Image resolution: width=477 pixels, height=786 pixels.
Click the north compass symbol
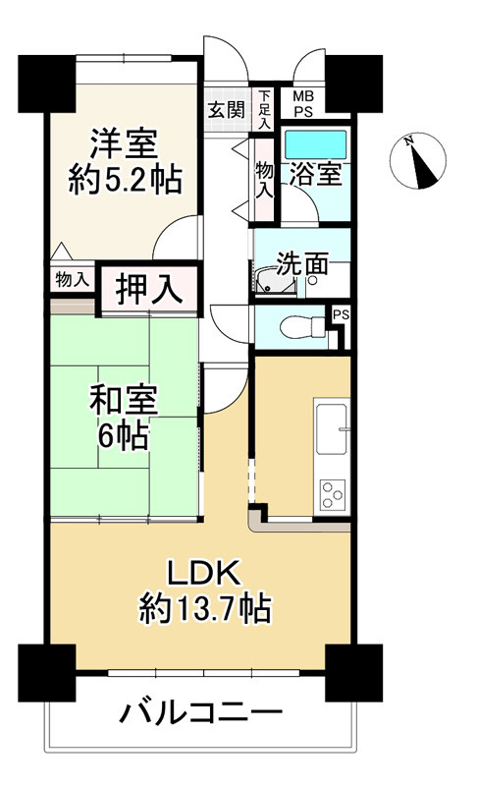pyautogui.click(x=417, y=160)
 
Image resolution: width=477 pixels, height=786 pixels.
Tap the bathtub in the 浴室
pyautogui.click(x=315, y=144)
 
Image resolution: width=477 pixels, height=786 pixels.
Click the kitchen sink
pyautogui.click(x=331, y=428)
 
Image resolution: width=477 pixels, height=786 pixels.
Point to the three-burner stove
pyautogui.click(x=333, y=495)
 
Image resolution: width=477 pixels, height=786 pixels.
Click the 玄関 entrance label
pyautogui.click(x=227, y=109)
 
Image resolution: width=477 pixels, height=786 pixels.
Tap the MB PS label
pyautogui.click(x=303, y=104)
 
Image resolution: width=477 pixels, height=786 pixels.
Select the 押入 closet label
pyautogui.click(x=148, y=289)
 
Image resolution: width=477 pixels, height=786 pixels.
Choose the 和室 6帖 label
pyautogui.click(x=124, y=416)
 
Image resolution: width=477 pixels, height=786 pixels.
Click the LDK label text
pyautogui.click(x=205, y=573)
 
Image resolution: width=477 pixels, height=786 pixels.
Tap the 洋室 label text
pyautogui.click(x=124, y=143)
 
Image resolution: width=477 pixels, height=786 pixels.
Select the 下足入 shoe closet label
pyautogui.click(x=265, y=109)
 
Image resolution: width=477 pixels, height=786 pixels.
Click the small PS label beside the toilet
pyautogui.click(x=342, y=315)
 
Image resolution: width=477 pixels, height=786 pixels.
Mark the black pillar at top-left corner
pyautogui.click(x=47, y=84)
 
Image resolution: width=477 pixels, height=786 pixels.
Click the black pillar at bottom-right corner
pyautogui.click(x=354, y=673)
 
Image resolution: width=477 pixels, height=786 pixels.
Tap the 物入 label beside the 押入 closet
pyautogui.click(x=73, y=279)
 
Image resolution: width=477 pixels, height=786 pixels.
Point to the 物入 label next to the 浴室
pyautogui.click(x=265, y=180)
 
